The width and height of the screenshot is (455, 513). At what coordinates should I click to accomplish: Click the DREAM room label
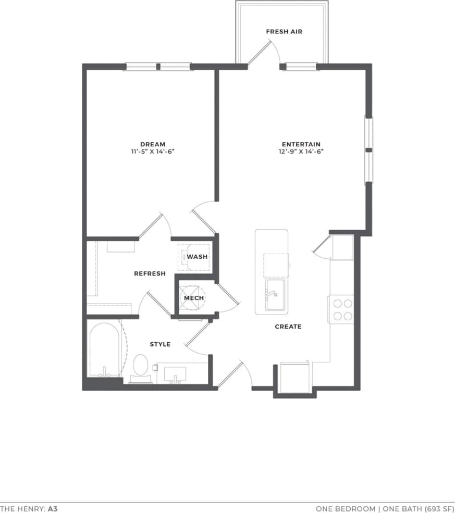point(153,144)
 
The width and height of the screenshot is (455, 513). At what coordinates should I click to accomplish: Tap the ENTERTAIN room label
point(301,144)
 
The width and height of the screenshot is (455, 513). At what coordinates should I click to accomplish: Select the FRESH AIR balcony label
point(284,32)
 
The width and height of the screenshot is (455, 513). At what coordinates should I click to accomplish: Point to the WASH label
point(197,257)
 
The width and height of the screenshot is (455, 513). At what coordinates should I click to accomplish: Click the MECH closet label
point(194,298)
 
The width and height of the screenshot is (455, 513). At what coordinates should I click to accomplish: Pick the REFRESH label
point(150,273)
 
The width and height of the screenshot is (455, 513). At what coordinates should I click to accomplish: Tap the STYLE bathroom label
point(160,344)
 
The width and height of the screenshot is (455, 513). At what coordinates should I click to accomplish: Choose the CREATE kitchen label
point(288,327)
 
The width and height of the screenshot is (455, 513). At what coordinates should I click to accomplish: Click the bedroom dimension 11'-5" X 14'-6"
point(153,152)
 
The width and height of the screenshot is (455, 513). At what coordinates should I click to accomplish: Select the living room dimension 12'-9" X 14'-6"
point(301,152)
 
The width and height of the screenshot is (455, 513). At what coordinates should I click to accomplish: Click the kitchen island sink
point(275,294)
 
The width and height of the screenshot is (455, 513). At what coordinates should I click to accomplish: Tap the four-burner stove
point(341,309)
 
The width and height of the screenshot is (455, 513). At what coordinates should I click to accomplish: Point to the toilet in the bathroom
point(140,365)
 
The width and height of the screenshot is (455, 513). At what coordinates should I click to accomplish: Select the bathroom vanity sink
point(175,373)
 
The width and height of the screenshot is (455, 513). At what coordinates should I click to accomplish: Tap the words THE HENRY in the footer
point(22,508)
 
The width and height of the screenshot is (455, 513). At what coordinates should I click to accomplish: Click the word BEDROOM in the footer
point(356,508)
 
